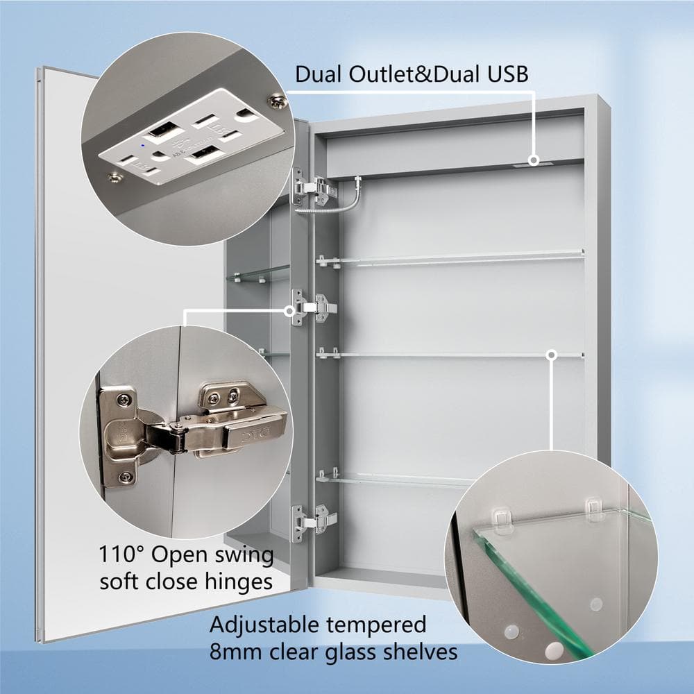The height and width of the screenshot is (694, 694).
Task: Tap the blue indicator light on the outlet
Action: pos(142,145)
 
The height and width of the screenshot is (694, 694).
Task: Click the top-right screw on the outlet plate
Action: pos(278,101)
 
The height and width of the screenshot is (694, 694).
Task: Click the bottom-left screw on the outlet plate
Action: pos(116,178)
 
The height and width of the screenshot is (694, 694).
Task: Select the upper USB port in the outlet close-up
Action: pos(163,128)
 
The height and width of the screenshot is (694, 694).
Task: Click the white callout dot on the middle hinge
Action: pos(290,311)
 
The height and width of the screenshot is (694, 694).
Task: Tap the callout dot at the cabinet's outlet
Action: pos(534,160)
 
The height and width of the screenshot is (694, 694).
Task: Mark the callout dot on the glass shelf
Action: pos(552,355)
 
